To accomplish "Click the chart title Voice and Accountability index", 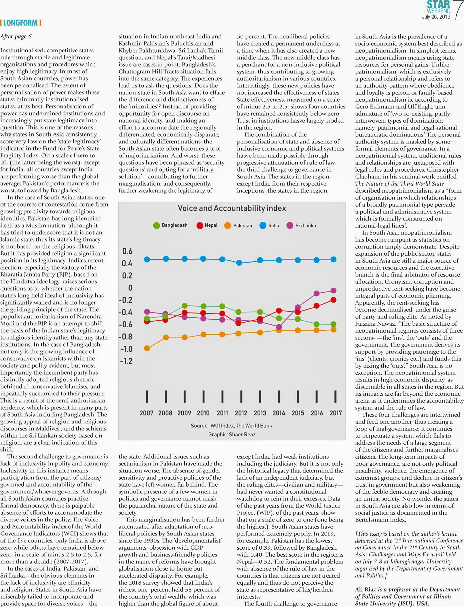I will click(232, 208).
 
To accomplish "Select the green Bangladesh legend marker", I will click(157, 225).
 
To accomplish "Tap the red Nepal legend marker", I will click(200, 225).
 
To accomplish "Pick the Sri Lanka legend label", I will click(305, 225).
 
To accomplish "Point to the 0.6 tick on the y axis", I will click(127, 251).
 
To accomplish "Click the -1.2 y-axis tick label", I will click(126, 361).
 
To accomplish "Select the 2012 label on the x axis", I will click(241, 413).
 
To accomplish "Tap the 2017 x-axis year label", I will click(335, 413).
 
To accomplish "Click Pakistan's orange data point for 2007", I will click(147, 348).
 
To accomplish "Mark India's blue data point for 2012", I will click(239, 263).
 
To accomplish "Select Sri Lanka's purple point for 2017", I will click(333, 290).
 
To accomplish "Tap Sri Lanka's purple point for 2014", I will click(279, 327).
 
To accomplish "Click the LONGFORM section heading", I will click(21, 23).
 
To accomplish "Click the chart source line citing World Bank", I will click(231, 426).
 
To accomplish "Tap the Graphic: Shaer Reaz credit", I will click(232, 434).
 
